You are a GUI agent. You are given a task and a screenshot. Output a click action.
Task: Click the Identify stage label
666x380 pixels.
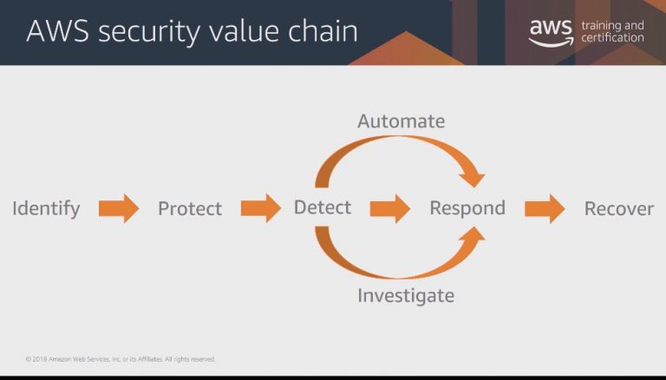(x=46, y=209)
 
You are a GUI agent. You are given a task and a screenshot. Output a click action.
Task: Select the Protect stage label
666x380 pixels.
(x=190, y=209)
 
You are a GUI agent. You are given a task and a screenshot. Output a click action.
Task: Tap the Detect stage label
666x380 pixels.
(x=323, y=207)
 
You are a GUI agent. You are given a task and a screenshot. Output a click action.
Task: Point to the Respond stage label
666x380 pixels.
(x=467, y=208)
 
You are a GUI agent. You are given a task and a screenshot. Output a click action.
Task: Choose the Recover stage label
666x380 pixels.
(x=619, y=209)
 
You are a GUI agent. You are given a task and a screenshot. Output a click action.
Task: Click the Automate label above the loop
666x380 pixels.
(x=402, y=121)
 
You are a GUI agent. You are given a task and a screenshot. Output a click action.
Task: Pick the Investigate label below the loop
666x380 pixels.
(x=406, y=296)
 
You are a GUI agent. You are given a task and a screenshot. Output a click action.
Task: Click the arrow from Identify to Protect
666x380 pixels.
(x=119, y=208)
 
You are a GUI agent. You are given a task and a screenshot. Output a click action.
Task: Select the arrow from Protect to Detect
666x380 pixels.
(x=261, y=208)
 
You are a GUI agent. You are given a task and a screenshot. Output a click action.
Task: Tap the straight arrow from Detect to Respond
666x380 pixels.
(x=390, y=209)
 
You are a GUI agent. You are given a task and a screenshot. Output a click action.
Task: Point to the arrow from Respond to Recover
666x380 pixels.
(x=545, y=209)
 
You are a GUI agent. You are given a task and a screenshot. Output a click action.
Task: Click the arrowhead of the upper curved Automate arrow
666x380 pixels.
(x=473, y=177)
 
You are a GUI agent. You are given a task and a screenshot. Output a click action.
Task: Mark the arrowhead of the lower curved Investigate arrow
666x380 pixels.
(x=473, y=237)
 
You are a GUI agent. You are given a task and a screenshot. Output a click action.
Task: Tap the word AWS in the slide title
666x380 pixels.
(x=58, y=31)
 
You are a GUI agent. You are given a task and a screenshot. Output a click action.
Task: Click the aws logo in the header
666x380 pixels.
(x=551, y=33)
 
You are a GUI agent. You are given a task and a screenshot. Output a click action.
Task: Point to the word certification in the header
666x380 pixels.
(x=612, y=38)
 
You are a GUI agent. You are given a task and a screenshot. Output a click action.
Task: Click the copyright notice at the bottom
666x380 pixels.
(x=121, y=359)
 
